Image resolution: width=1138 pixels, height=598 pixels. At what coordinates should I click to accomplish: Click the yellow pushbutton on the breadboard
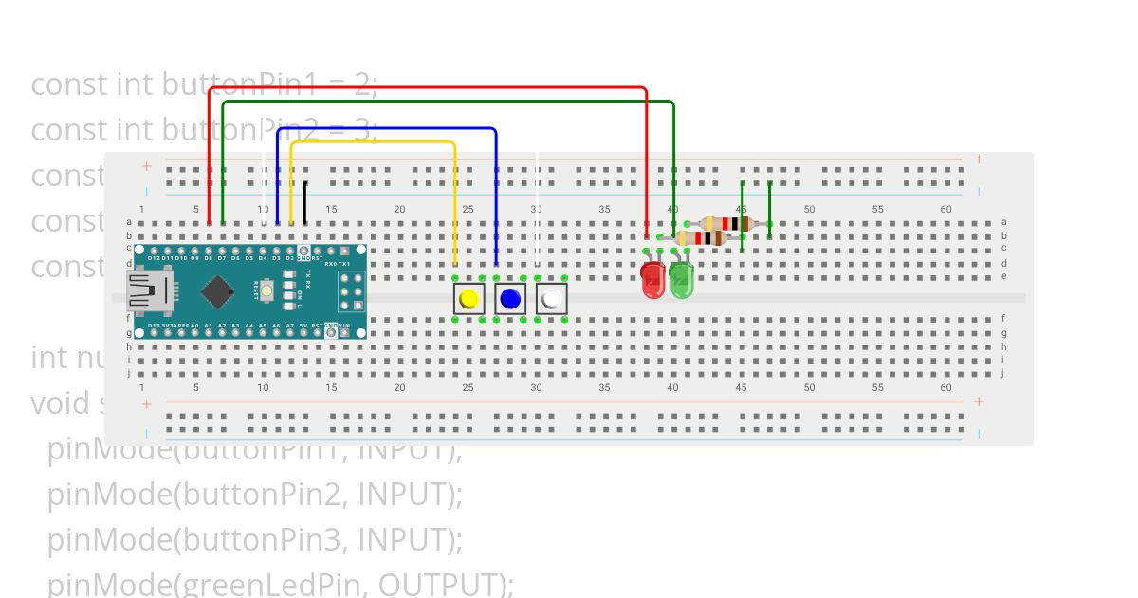[x=468, y=299]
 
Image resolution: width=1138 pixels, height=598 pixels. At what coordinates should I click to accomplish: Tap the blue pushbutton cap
[x=510, y=299]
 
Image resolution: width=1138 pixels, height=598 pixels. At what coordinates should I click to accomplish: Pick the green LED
[x=681, y=279]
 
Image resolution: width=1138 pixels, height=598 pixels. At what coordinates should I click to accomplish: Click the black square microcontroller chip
[x=218, y=291]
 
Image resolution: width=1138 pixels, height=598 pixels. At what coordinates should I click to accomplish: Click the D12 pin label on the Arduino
[x=154, y=258]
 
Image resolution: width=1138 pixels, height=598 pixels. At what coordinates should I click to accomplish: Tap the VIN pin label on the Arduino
[x=344, y=325]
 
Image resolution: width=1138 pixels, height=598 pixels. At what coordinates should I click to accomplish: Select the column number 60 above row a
[x=945, y=209]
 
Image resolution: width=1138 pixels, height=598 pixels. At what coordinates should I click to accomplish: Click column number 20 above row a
[x=399, y=209]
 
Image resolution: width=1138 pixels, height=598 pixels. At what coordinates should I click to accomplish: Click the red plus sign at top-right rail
[x=979, y=159]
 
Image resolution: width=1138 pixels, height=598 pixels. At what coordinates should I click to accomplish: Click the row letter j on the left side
[x=129, y=373]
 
